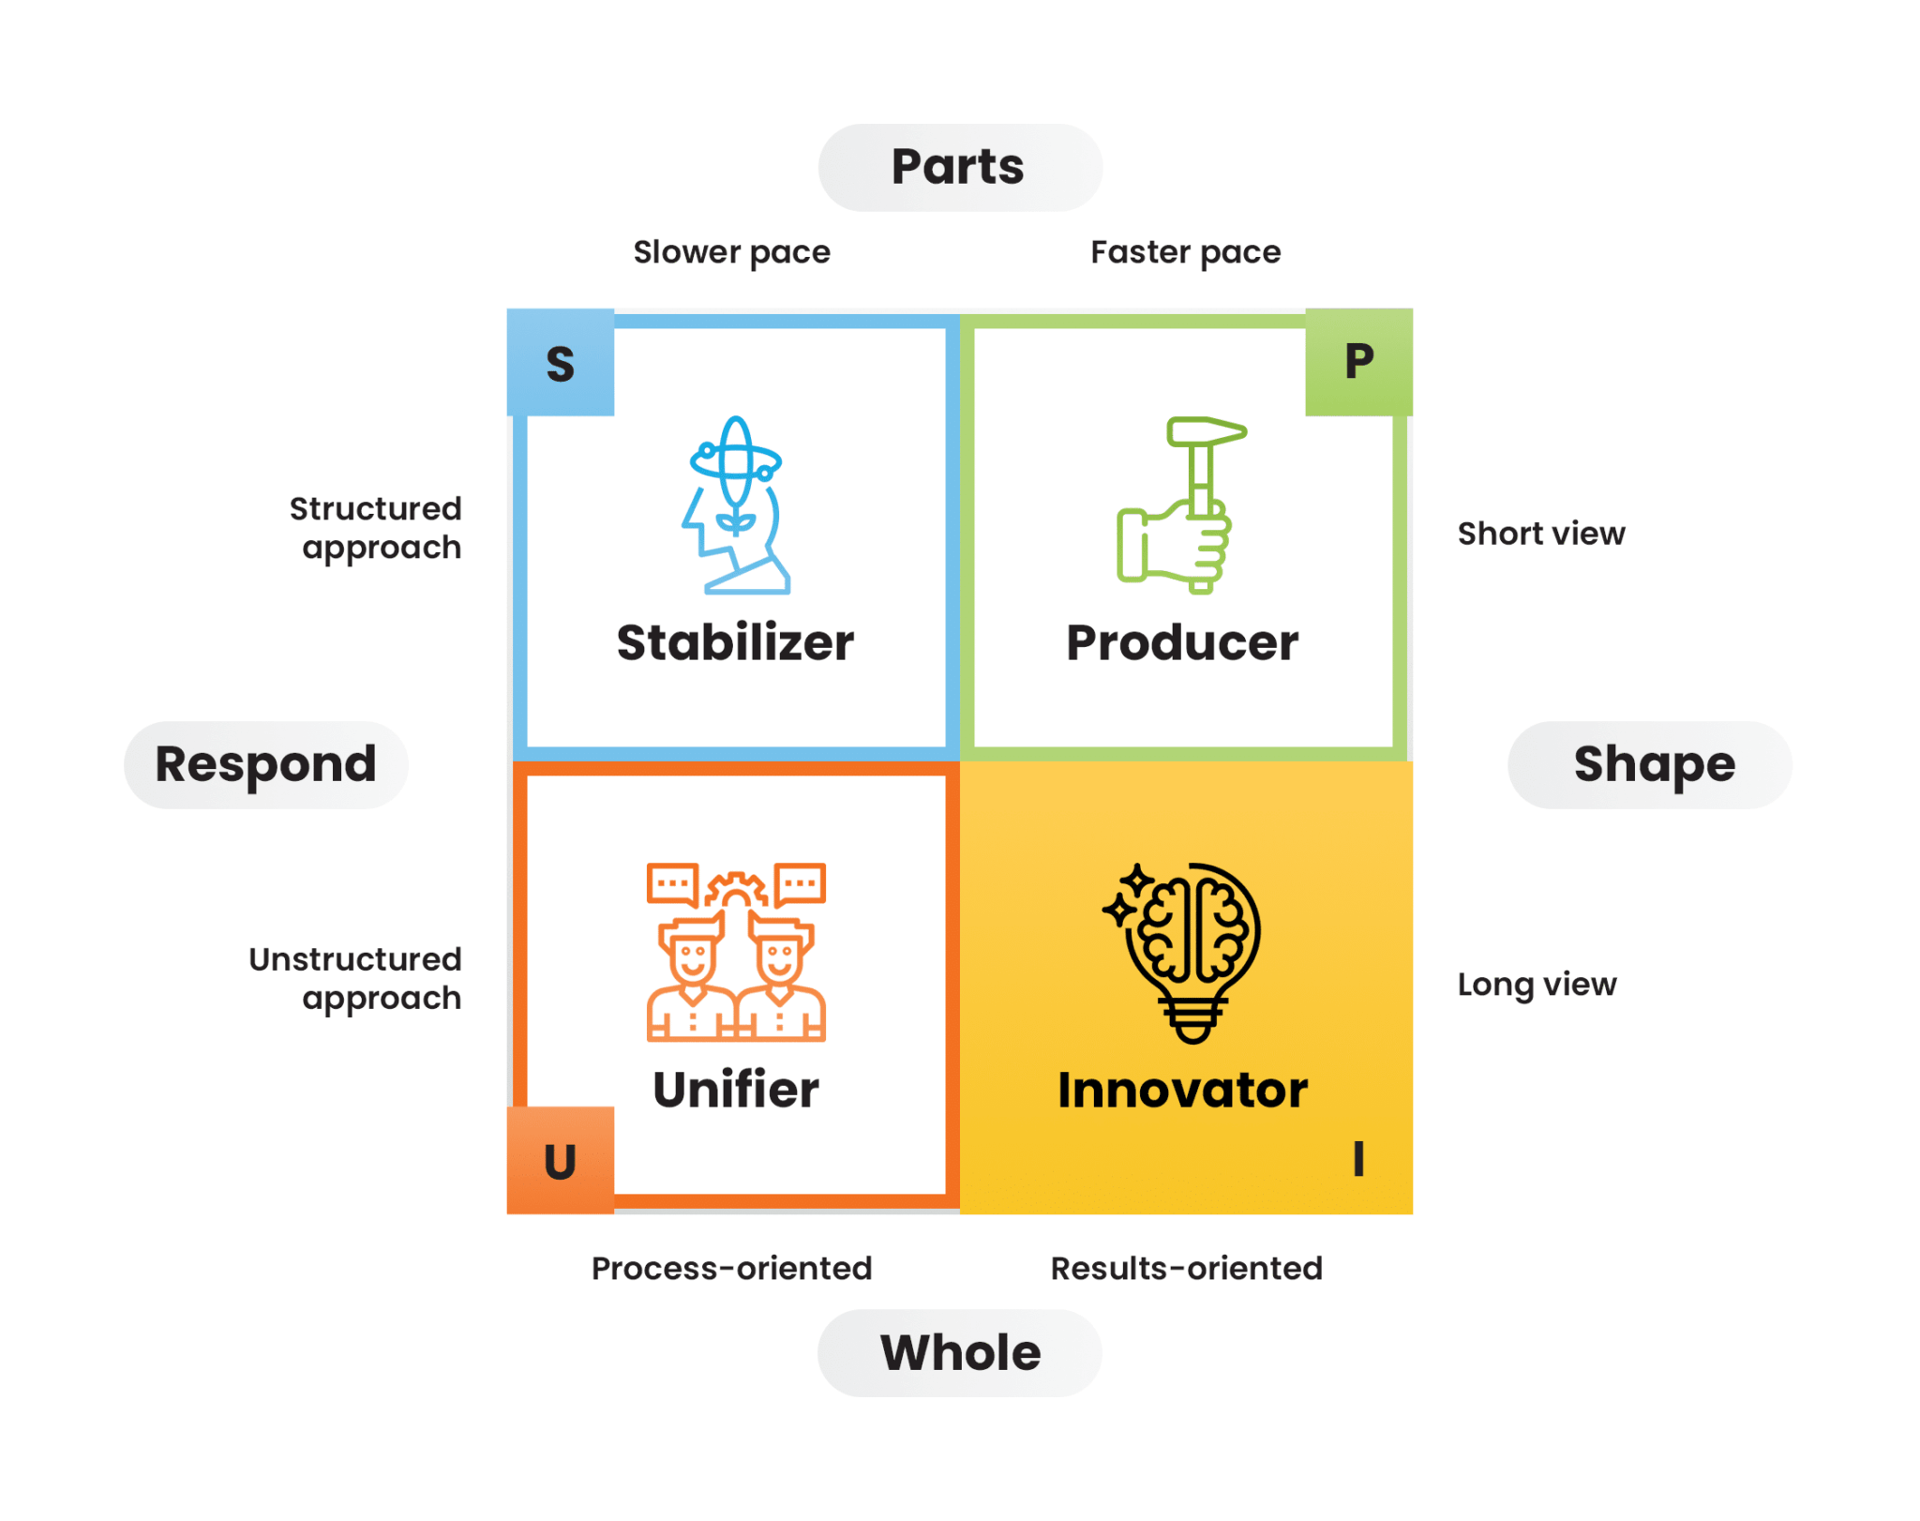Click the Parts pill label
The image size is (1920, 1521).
(x=959, y=168)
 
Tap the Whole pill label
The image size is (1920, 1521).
(x=959, y=1352)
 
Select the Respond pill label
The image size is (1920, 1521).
(x=266, y=764)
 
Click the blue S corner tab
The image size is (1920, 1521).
(x=561, y=363)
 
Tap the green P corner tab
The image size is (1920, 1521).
(x=1358, y=362)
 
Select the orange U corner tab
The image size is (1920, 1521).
(x=561, y=1161)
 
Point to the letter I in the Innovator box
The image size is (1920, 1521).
(x=1358, y=1159)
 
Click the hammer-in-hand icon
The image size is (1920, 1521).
(x=1179, y=504)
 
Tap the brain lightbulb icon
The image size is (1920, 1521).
(x=1185, y=952)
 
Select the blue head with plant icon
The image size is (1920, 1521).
(x=736, y=504)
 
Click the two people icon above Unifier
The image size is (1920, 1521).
(x=736, y=952)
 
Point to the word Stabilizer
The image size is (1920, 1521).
(x=736, y=643)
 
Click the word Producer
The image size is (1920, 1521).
(x=1182, y=643)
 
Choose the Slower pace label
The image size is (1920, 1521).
(x=731, y=252)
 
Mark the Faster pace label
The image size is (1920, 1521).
(x=1185, y=252)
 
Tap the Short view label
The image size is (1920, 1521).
(x=1540, y=534)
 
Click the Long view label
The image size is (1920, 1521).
(x=1537, y=984)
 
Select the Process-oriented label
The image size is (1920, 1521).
(x=731, y=1268)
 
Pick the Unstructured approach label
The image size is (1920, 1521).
(x=356, y=978)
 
